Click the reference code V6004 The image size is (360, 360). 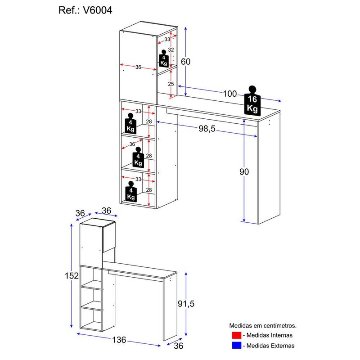pyautogui.click(x=92, y=10)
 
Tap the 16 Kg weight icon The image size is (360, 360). pyautogui.click(x=252, y=101)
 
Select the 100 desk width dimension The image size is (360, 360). pyautogui.click(x=229, y=94)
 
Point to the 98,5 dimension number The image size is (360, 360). pyautogui.click(x=207, y=129)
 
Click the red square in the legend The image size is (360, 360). pyautogui.click(x=237, y=335)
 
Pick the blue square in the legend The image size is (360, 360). pyautogui.click(x=237, y=346)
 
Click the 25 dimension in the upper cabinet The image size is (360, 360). pyautogui.click(x=171, y=84)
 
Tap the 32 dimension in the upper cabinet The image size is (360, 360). pyautogui.click(x=171, y=49)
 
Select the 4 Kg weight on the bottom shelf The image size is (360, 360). pyautogui.click(x=131, y=192)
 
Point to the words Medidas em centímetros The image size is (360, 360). pyautogui.click(x=263, y=325)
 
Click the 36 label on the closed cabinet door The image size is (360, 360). pyautogui.click(x=138, y=67)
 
